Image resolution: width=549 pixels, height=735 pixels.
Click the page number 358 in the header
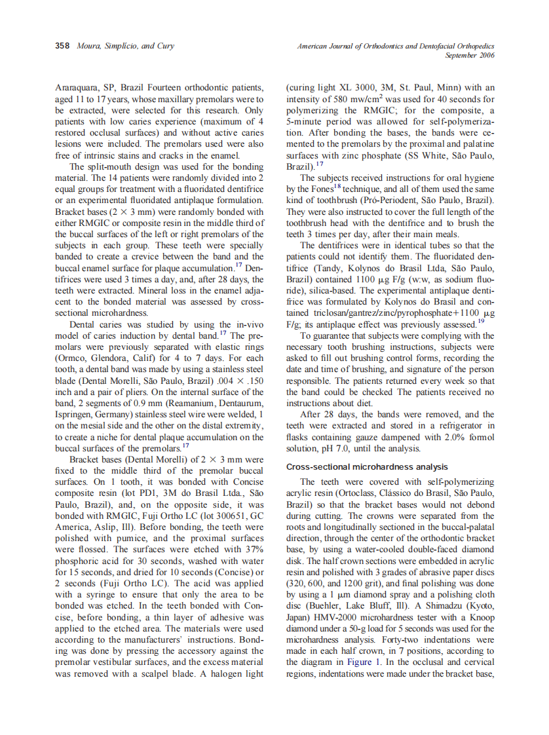tap(62, 47)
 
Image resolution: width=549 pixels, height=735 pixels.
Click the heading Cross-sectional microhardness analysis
tap(367, 466)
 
